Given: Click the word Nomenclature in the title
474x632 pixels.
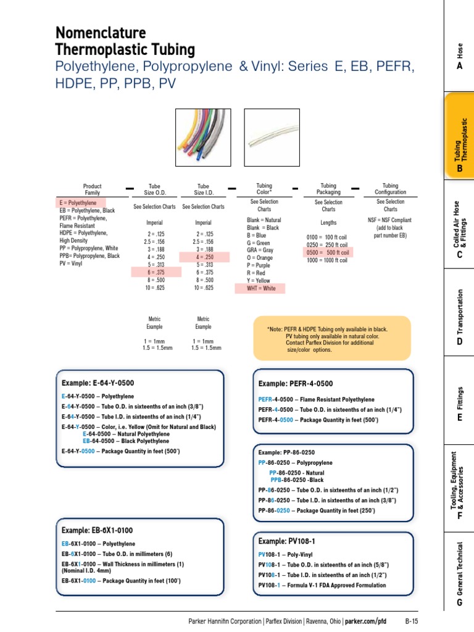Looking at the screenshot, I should tap(101, 32).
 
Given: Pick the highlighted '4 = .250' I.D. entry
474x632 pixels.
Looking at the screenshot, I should tap(204, 257).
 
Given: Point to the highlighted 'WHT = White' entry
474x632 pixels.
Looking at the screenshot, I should tap(261, 288).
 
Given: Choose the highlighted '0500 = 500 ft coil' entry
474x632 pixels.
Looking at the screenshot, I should tap(328, 252).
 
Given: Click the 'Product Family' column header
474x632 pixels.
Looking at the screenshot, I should tap(92, 189).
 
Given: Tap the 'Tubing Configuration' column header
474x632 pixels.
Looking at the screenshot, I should tap(390, 189).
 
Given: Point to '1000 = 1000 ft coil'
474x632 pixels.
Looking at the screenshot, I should tap(327, 260).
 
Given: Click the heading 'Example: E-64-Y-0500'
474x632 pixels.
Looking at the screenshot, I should tap(98, 383).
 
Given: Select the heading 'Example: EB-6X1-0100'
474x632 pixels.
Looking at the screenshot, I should tap(97, 530).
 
